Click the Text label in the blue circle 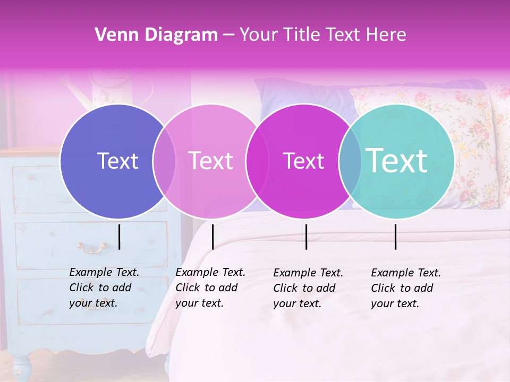point(117,161)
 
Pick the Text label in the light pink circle point(211,161)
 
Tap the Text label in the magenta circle point(304,161)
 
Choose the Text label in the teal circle point(397,161)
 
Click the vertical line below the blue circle point(119,237)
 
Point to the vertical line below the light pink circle point(212,237)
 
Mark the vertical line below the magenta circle point(306,237)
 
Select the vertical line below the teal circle point(396,237)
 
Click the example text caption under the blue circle point(104,288)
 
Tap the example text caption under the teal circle point(406,288)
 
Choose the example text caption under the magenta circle point(308,288)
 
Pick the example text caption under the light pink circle point(210,288)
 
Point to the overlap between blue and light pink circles point(164,161)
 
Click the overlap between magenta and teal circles point(350,161)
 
